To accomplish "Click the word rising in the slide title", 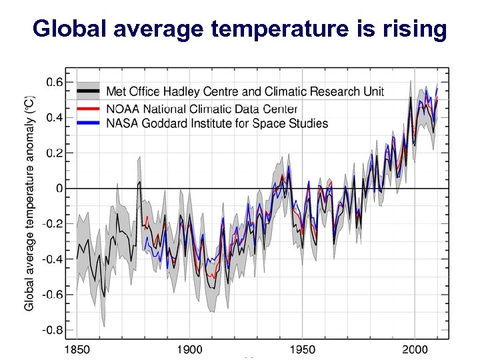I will (x=415, y=29).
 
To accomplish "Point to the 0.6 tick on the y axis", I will (x=54, y=83).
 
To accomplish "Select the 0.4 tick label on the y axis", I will (x=54, y=118).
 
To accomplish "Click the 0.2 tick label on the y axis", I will (x=54, y=153).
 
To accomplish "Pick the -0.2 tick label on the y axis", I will (x=53, y=224).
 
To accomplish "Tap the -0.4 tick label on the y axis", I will (x=53, y=259).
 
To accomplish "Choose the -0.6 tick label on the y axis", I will (x=53, y=294).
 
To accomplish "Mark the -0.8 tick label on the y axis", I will (x=53, y=329).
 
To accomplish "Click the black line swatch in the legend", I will (x=88, y=91).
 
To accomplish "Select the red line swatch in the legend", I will (x=88, y=108).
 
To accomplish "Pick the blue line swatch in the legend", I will (x=88, y=123).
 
